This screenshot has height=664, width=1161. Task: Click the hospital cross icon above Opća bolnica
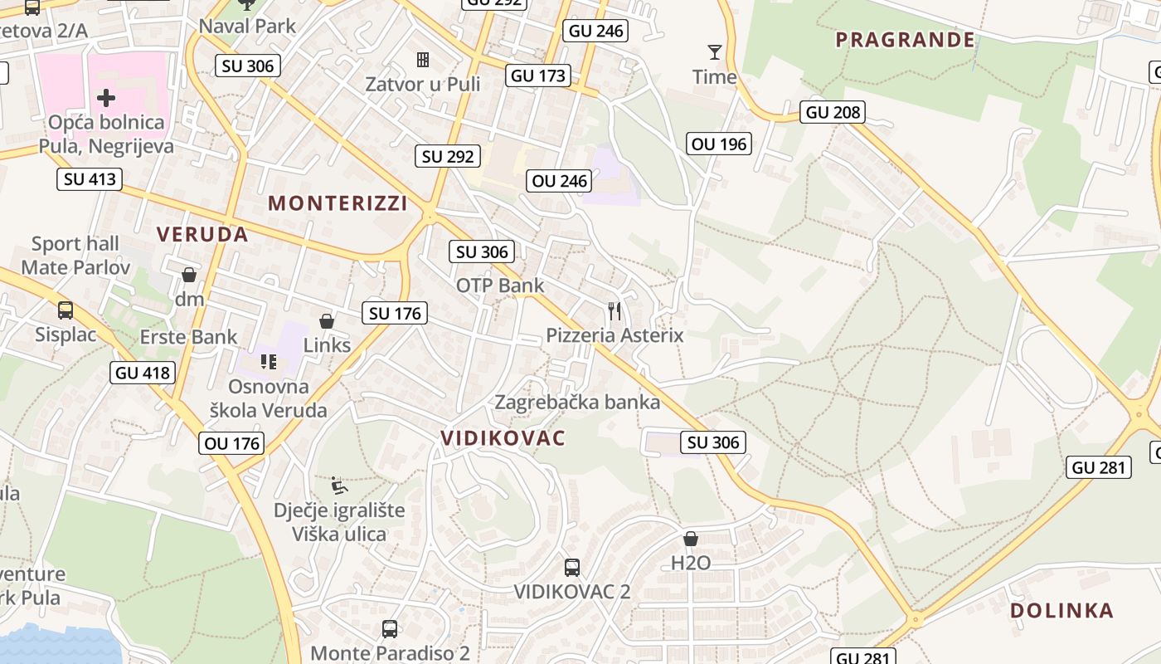point(106,98)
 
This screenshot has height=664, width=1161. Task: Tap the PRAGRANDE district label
point(905,40)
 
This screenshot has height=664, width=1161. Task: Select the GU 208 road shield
point(833,112)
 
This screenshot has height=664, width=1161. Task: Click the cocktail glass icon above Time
point(714,52)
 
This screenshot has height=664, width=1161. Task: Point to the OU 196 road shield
point(719,144)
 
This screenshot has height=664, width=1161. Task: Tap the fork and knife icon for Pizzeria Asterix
point(615,311)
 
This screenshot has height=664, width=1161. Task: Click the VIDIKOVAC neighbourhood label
point(503,438)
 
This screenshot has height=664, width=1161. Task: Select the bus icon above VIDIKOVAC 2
point(572,568)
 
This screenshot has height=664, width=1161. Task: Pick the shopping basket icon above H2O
point(690,539)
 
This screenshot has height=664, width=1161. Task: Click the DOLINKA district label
point(1061,611)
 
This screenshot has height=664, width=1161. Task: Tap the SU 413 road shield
point(90,178)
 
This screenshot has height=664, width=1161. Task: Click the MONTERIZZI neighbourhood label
point(338,203)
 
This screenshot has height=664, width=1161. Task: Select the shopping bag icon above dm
point(189,275)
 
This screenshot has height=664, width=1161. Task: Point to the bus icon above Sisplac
point(66,310)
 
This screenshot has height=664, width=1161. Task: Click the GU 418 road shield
point(143,373)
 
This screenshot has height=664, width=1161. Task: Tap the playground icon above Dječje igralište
point(338,486)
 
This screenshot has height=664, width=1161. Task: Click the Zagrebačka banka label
point(577,403)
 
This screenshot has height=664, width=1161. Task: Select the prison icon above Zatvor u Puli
point(423,60)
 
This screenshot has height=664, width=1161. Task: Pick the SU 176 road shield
point(395,313)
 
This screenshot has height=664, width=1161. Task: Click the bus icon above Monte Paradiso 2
point(390,629)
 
